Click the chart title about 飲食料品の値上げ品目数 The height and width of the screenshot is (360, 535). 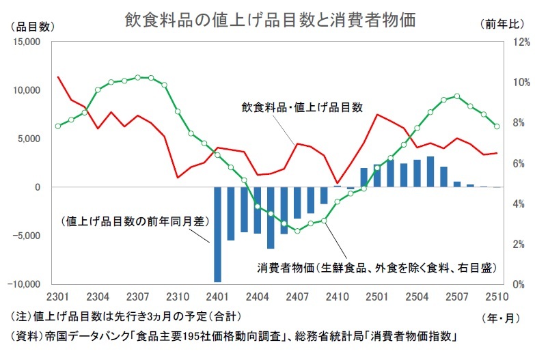pyautogui.click(x=270, y=20)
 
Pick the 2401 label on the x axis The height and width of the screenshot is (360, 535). pyautogui.click(x=218, y=297)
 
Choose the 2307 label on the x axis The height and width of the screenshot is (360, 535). pyautogui.click(x=138, y=297)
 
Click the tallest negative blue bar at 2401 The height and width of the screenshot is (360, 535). pyautogui.click(x=218, y=234)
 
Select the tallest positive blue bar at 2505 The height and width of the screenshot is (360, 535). pyautogui.click(x=430, y=171)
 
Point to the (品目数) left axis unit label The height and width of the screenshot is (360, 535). pyautogui.click(x=33, y=26)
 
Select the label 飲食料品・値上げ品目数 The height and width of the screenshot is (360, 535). pyautogui.click(x=301, y=107)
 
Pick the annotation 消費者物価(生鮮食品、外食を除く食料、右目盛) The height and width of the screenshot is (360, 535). pyautogui.click(x=376, y=267)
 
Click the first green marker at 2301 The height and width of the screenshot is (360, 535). pyautogui.click(x=58, y=126)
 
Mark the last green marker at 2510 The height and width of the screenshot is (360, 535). pyautogui.click(x=497, y=126)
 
